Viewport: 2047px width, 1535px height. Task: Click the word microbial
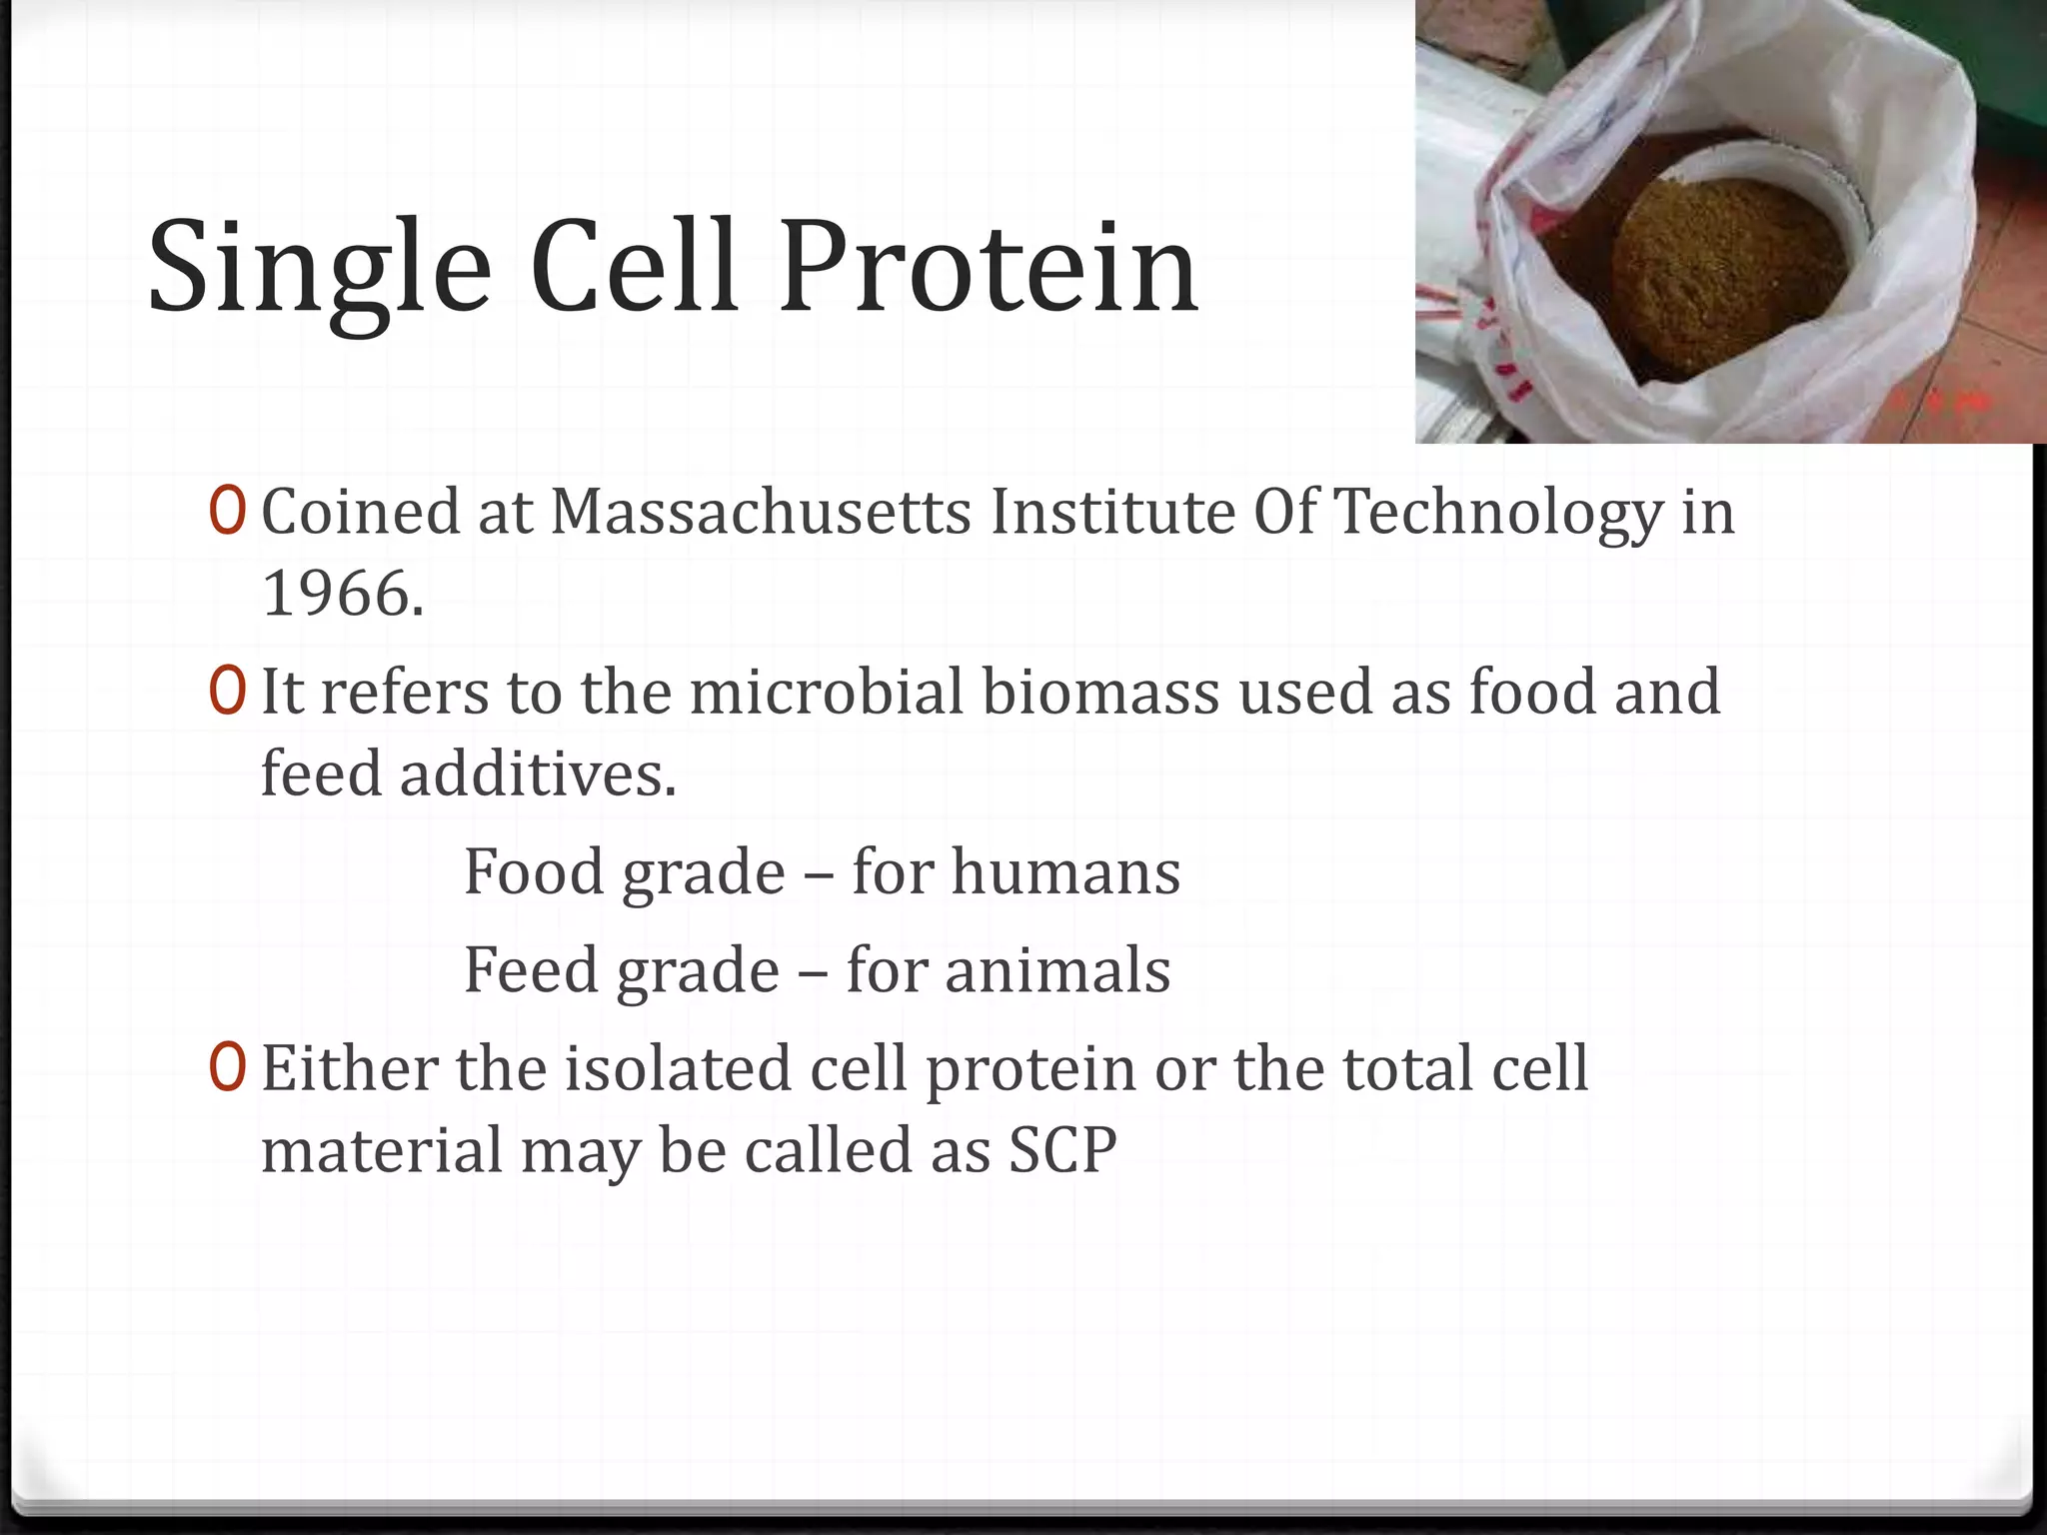tap(826, 692)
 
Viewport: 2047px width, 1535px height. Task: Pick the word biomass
tap(1100, 692)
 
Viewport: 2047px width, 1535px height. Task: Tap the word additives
tap(538, 773)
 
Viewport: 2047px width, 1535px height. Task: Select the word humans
tap(1065, 871)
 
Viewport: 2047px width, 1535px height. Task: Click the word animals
tap(1057, 970)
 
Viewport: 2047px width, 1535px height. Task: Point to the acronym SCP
tap(1061, 1150)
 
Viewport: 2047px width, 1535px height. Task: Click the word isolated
tap(680, 1068)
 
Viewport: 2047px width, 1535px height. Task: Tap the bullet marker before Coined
tap(227, 512)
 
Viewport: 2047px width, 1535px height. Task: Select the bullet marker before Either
tap(227, 1068)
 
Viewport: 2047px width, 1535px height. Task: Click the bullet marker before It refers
tap(227, 692)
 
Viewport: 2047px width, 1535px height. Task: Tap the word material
tap(382, 1150)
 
